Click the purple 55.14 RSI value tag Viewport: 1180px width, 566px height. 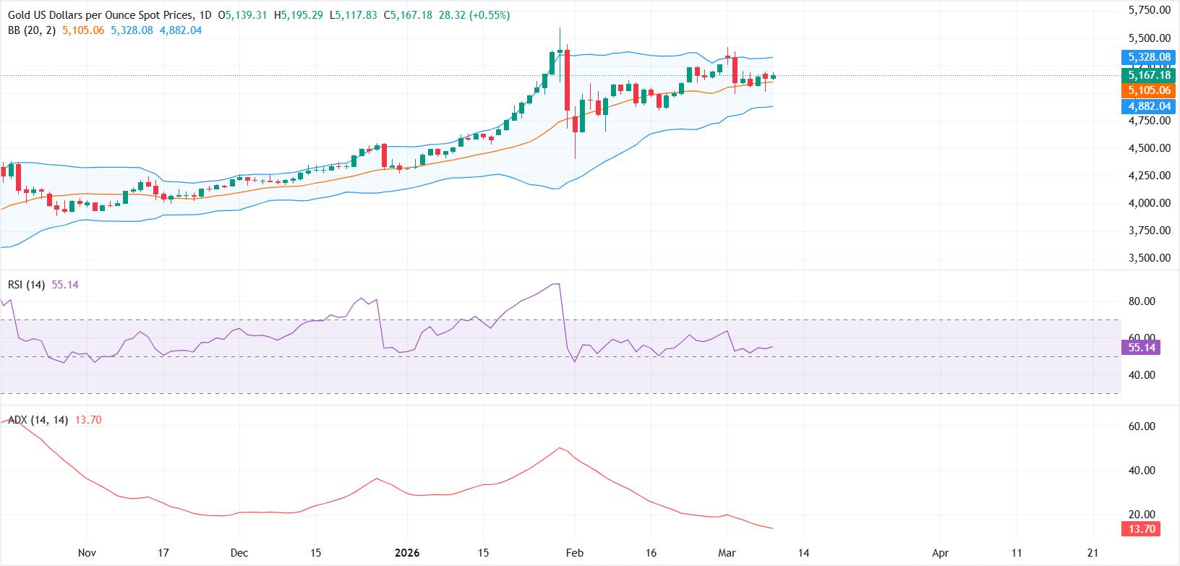point(1140,348)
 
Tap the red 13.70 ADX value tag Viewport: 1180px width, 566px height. point(1140,529)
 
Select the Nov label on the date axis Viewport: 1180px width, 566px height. point(87,553)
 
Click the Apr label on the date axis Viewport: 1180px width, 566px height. point(940,553)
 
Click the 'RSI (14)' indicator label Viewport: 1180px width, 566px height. point(26,285)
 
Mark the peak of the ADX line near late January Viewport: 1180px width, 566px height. point(559,448)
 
